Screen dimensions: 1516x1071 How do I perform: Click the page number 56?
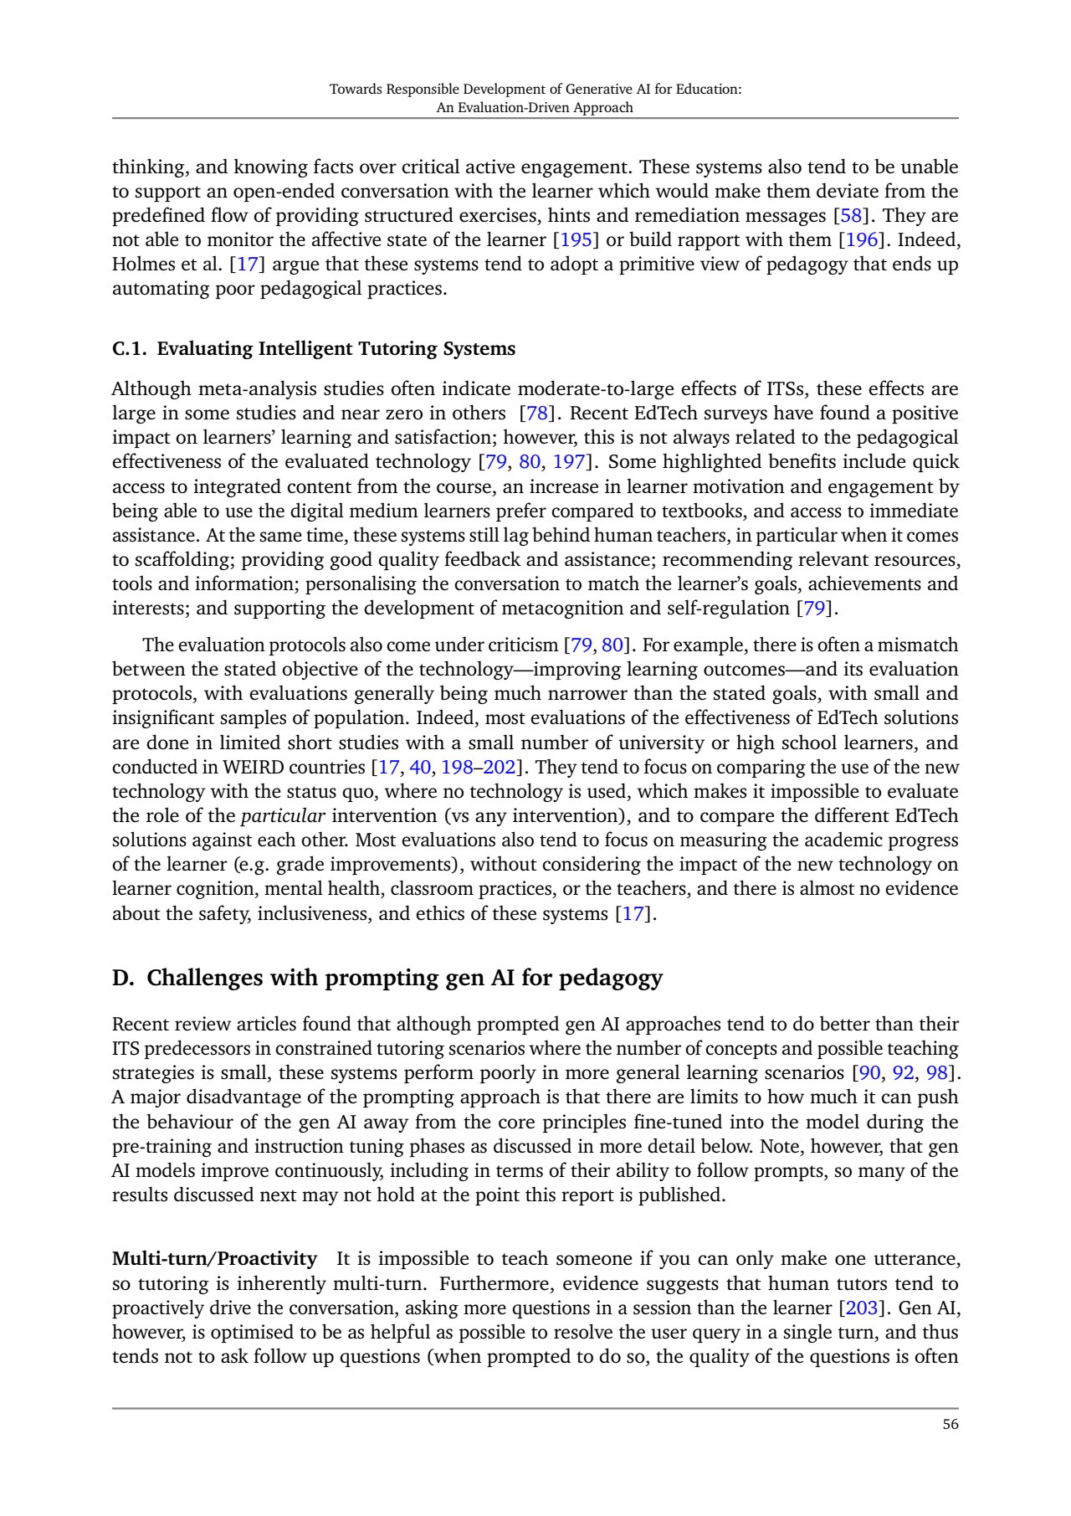[950, 1425]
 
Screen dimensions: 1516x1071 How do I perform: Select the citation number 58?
[851, 216]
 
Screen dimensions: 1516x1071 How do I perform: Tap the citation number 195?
[576, 240]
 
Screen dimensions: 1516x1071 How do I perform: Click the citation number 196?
[862, 240]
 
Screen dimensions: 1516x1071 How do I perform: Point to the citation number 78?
[536, 414]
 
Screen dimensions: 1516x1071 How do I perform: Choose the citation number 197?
[568, 462]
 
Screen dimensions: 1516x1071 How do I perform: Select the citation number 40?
[420, 768]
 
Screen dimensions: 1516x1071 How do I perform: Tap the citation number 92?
[903, 1073]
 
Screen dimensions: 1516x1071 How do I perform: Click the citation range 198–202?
[479, 768]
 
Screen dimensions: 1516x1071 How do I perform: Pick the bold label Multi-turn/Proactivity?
[214, 1259]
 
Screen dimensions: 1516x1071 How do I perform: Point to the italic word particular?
[283, 816]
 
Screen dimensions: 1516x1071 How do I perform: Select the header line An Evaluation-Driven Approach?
[535, 108]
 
